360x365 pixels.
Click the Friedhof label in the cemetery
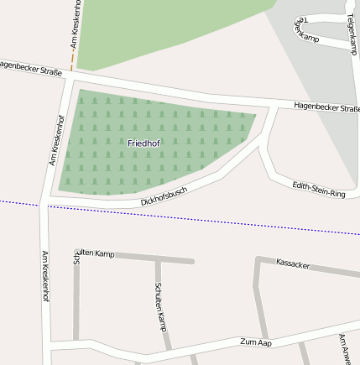pos(143,143)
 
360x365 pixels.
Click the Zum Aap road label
pos(255,342)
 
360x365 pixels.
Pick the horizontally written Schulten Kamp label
pos(93,253)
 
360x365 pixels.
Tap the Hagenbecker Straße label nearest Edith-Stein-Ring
pos(326,107)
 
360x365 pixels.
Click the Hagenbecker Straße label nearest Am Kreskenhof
pos(31,69)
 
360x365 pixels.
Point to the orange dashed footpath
pos(73,50)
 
